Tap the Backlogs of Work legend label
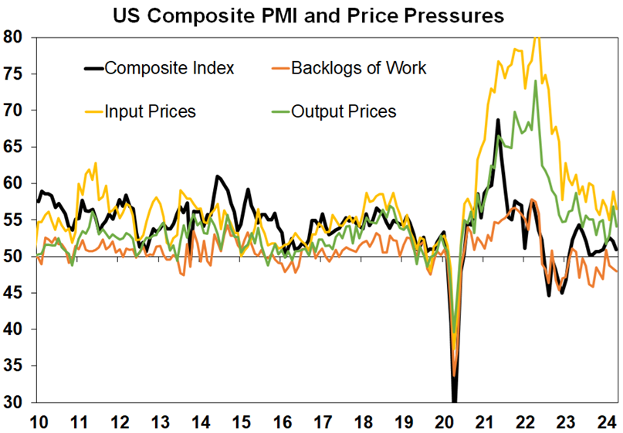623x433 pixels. click(358, 68)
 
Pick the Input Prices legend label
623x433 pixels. click(151, 111)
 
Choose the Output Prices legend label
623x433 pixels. click(344, 111)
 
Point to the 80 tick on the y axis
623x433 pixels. click(15, 37)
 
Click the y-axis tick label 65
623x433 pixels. click(15, 147)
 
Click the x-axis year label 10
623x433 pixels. click(38, 422)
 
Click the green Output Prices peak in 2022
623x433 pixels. click(535, 81)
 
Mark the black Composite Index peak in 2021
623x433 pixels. click(498, 120)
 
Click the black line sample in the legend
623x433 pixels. click(92, 68)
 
